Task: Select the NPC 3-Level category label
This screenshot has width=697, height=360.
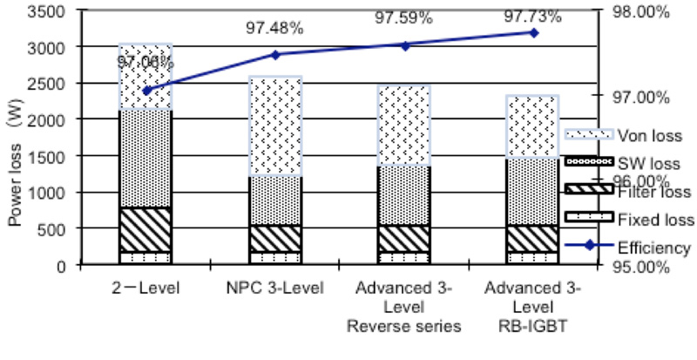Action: coord(275,287)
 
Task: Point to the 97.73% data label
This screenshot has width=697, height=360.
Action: coord(533,17)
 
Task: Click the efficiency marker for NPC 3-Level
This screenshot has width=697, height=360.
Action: coord(275,54)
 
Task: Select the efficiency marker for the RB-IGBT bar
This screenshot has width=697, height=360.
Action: coord(533,32)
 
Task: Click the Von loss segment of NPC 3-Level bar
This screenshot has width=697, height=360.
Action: coord(275,126)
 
